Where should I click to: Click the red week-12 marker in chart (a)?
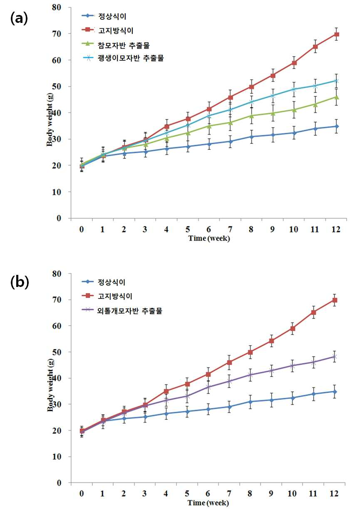click(336, 35)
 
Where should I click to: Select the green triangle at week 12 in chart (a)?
click(336, 97)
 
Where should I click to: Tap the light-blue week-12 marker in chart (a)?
click(336, 81)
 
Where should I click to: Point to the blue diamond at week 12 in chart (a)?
click(336, 126)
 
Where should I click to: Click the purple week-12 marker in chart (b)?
click(335, 356)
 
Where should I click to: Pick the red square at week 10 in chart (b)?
click(293, 329)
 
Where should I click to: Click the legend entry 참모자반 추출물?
click(116, 45)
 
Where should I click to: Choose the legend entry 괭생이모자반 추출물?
click(123, 58)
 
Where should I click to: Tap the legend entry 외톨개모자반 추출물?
click(122, 311)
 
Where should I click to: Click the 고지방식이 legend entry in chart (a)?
click(107, 31)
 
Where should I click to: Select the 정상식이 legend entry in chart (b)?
click(104, 282)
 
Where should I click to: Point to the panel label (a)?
click(19, 19)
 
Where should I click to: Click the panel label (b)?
click(20, 282)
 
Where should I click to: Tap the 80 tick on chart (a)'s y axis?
click(56, 7)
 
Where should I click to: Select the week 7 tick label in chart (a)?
click(230, 229)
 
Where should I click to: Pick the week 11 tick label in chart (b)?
click(313, 493)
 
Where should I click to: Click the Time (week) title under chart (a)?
click(209, 238)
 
